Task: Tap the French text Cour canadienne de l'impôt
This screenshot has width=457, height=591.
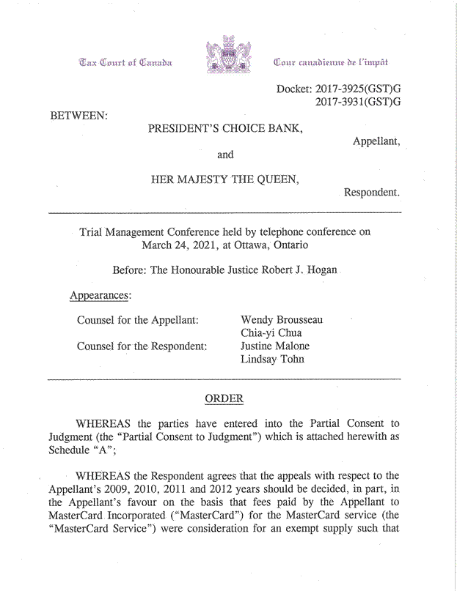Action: [330, 62]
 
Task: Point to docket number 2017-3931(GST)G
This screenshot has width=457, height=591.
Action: [358, 103]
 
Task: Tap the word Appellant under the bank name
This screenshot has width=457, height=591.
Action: [376, 141]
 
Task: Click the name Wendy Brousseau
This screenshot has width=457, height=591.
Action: [282, 320]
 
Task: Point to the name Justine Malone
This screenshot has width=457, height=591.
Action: [275, 346]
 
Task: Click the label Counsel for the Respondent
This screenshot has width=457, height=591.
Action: [142, 346]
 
